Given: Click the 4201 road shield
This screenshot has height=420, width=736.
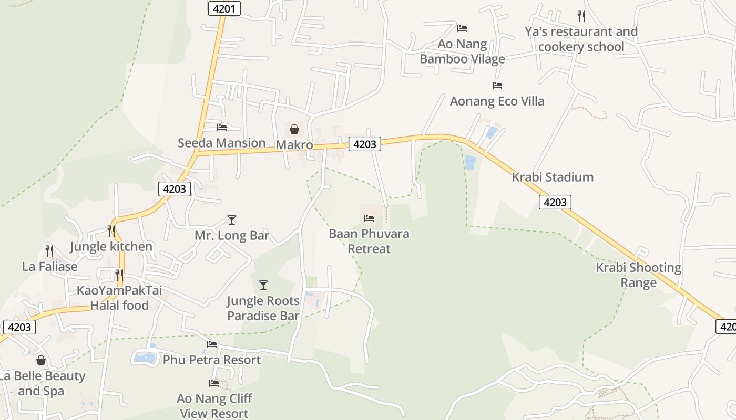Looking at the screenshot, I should (x=224, y=8).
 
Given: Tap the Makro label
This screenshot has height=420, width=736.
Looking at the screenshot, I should (x=294, y=145).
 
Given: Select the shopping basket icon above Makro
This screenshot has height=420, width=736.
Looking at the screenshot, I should (x=294, y=129).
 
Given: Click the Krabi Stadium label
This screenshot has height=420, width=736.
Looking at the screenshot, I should (x=553, y=177).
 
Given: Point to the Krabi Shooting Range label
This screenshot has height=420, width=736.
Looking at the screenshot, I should (x=638, y=275).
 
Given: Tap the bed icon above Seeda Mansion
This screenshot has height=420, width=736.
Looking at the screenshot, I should (x=222, y=127).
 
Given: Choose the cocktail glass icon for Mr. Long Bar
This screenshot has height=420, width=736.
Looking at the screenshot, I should (x=232, y=219).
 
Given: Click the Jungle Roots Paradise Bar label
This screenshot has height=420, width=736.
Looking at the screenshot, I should (x=263, y=308).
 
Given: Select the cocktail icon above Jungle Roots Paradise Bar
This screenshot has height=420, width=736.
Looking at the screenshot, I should (x=263, y=285).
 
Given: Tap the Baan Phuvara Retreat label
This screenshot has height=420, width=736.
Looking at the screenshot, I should (x=369, y=241).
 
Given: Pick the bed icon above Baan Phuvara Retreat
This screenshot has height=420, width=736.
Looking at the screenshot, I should (x=369, y=218).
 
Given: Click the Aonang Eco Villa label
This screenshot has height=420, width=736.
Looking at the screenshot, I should (x=497, y=101).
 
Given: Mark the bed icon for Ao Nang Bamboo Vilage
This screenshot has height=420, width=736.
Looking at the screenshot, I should (x=462, y=28).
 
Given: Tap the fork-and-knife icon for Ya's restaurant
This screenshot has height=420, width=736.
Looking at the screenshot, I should (x=581, y=16).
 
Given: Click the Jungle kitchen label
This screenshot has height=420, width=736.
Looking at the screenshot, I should (x=111, y=246).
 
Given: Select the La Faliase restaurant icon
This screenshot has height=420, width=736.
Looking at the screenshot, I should (x=49, y=250).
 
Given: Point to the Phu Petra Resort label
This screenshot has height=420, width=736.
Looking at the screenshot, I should (x=211, y=360).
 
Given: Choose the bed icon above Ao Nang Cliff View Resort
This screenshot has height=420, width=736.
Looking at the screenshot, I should (x=214, y=383).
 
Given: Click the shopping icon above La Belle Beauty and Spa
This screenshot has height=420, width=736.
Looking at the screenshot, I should (x=41, y=360).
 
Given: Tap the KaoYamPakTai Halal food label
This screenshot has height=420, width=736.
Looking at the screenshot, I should (x=119, y=298).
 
